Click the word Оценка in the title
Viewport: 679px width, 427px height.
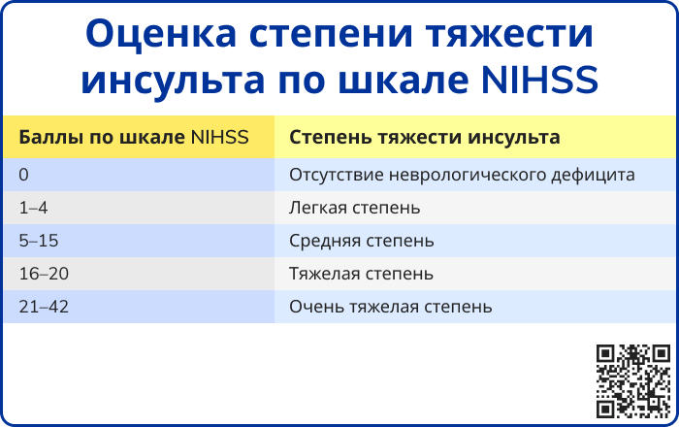161,34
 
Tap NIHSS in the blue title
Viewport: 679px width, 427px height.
540,81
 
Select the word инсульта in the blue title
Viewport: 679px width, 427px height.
173,81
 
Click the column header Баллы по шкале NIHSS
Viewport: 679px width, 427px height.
134,137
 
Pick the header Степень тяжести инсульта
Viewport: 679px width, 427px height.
425,137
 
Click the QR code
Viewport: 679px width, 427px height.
633,381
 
